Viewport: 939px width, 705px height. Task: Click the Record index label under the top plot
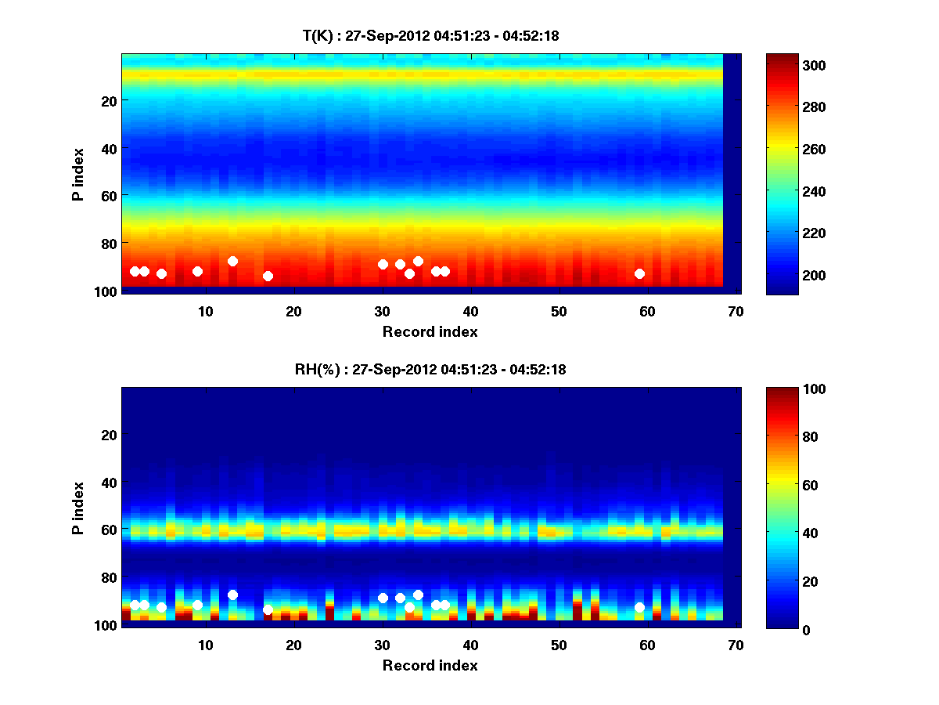(430, 331)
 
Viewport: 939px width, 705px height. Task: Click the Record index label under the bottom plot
(430, 665)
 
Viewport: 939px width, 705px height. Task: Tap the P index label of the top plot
(78, 174)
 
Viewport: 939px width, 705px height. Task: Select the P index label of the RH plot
(78, 508)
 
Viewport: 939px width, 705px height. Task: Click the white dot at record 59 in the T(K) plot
(639, 273)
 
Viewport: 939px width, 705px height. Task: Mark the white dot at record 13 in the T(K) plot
(232, 261)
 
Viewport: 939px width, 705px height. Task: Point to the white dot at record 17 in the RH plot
(268, 609)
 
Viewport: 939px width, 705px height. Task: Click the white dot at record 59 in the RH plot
(639, 607)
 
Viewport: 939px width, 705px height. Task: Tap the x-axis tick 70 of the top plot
(736, 311)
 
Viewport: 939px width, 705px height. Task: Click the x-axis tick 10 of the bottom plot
(205, 645)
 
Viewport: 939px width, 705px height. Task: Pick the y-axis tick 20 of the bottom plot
(110, 435)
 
